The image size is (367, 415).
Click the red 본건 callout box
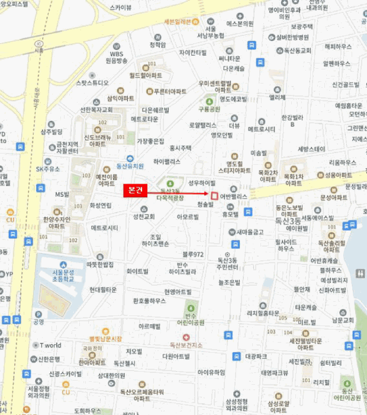click(x=135, y=190)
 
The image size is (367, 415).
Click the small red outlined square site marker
click(x=214, y=194)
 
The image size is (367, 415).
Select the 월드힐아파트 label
click(x=145, y=75)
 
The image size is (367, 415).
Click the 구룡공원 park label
click(x=209, y=109)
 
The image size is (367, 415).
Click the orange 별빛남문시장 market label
click(x=105, y=339)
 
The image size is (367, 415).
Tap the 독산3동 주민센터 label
click(x=227, y=264)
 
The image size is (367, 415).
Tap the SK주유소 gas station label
click(x=49, y=169)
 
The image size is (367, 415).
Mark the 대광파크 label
click(x=256, y=356)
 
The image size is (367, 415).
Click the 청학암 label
click(x=157, y=44)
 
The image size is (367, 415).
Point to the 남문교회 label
click(x=343, y=320)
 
